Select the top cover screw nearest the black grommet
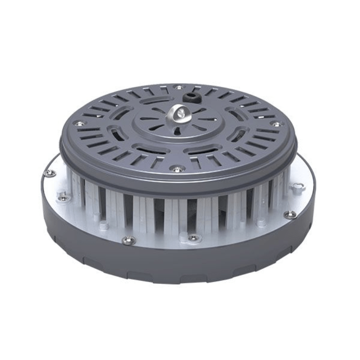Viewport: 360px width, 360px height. [x=179, y=87]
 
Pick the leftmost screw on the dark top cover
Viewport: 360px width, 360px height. [x=79, y=123]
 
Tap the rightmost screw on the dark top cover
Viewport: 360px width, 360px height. [x=277, y=124]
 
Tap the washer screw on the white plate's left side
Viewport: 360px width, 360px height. [x=63, y=195]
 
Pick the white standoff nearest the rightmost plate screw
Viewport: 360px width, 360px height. [x=260, y=222]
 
